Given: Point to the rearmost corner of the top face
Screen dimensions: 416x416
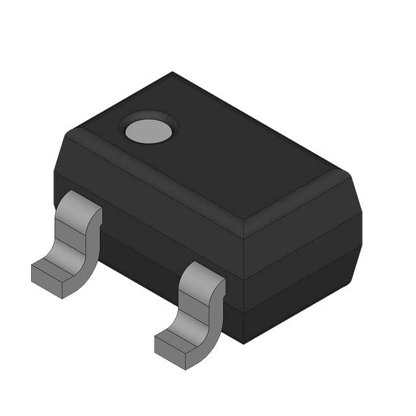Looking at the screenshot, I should (172, 73).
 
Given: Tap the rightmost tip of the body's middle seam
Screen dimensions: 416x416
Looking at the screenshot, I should (361, 247).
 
